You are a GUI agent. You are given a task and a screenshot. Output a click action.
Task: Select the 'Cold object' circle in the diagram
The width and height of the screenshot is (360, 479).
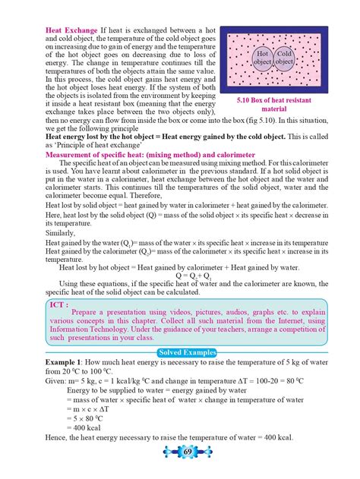(286, 58)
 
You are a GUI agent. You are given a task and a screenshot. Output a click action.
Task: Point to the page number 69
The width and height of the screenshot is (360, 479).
(180, 452)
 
